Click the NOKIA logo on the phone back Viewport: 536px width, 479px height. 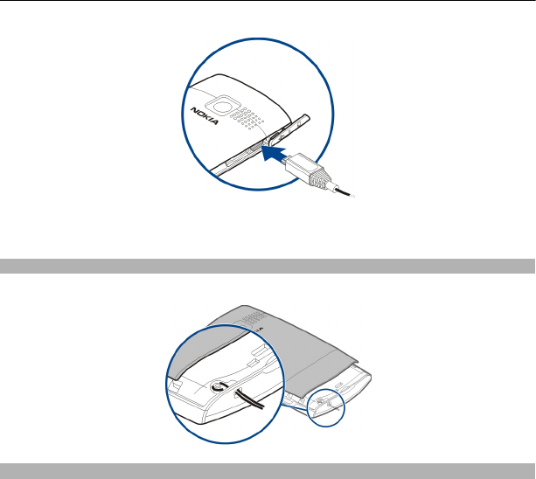[204, 116]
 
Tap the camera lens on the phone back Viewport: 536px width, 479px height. [223, 106]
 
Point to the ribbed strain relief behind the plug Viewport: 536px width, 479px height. [320, 177]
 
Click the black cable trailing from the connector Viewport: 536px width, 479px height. [345, 191]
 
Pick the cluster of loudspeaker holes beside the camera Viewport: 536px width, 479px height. [247, 119]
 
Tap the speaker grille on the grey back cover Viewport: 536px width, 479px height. [254, 317]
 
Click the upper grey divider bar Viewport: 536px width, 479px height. [268, 266]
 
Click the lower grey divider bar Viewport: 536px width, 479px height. [268, 471]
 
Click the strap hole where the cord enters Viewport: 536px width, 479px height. [238, 393]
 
